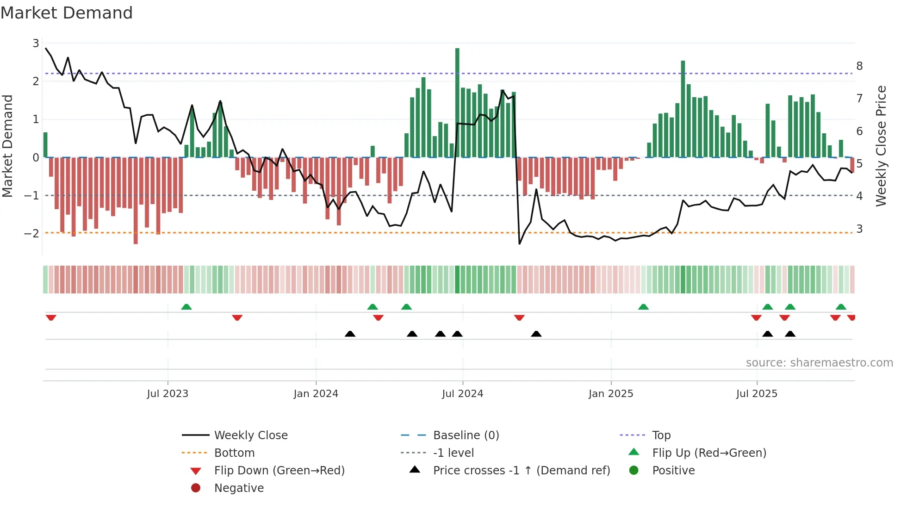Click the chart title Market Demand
(x=67, y=13)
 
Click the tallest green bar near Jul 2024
(x=457, y=102)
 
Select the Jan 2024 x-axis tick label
(x=316, y=394)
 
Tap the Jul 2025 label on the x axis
(x=757, y=394)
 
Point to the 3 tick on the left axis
(x=36, y=44)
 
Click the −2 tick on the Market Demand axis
(x=32, y=233)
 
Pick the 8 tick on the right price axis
(x=859, y=66)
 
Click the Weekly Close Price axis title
(x=881, y=146)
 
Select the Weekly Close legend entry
(x=250, y=435)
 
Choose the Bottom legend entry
(x=234, y=453)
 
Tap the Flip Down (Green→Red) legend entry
(x=279, y=471)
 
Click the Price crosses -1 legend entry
(x=521, y=471)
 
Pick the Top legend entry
(x=661, y=435)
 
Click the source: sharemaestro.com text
(x=819, y=363)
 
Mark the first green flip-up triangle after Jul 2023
(x=186, y=307)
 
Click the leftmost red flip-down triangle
(x=51, y=317)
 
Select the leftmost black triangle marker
(x=350, y=334)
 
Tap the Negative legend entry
(x=239, y=488)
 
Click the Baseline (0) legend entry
(x=466, y=435)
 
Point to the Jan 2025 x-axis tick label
(x=610, y=394)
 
